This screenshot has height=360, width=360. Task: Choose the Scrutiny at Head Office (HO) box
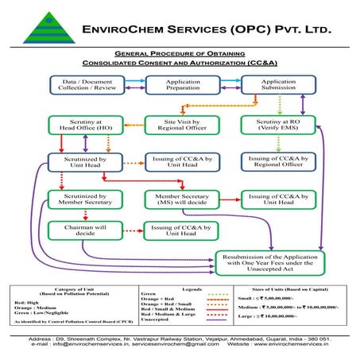click(74, 124)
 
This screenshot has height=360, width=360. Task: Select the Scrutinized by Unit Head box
click(74, 162)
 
